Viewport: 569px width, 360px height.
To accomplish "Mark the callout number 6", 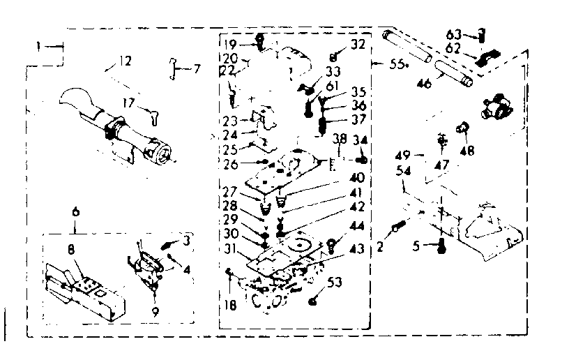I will (x=75, y=211).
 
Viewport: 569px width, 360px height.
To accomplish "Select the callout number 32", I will (x=358, y=43).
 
